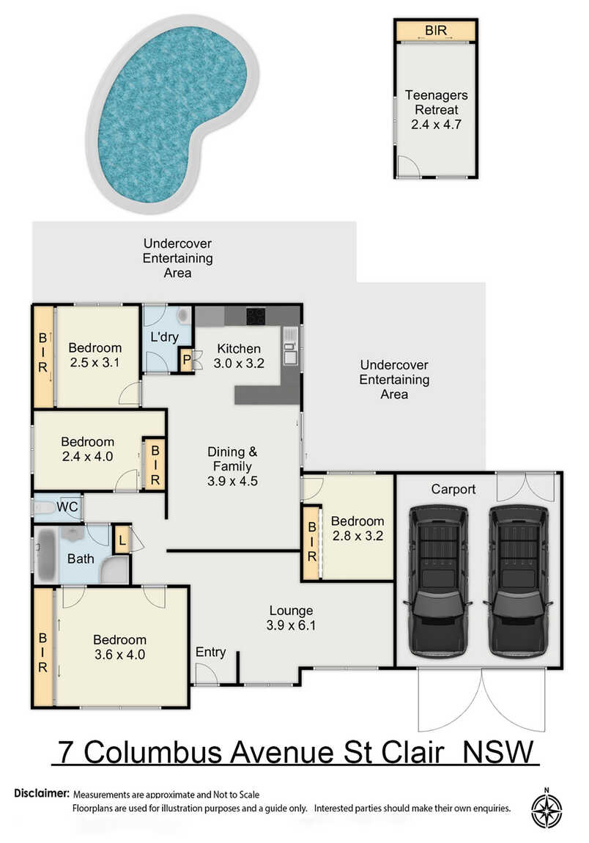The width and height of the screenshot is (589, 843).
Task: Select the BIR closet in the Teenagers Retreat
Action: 436,32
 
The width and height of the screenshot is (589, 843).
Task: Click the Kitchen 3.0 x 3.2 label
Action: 239,356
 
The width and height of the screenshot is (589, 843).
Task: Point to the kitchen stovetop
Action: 256,316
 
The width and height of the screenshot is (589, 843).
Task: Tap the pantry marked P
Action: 187,360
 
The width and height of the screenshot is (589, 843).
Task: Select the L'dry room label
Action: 164,337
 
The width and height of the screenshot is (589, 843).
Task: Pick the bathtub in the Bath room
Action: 46,555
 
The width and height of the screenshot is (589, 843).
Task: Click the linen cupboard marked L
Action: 122,540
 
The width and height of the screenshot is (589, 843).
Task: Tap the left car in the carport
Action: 438,580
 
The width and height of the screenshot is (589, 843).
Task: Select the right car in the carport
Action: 518,580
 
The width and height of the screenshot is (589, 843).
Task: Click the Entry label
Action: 210,652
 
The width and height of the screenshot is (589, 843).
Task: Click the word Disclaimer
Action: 42,793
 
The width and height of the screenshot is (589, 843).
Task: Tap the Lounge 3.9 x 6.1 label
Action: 291,618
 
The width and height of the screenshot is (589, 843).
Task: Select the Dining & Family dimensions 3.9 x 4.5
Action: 232,481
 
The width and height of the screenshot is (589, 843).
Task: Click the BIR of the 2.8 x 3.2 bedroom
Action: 311,542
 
